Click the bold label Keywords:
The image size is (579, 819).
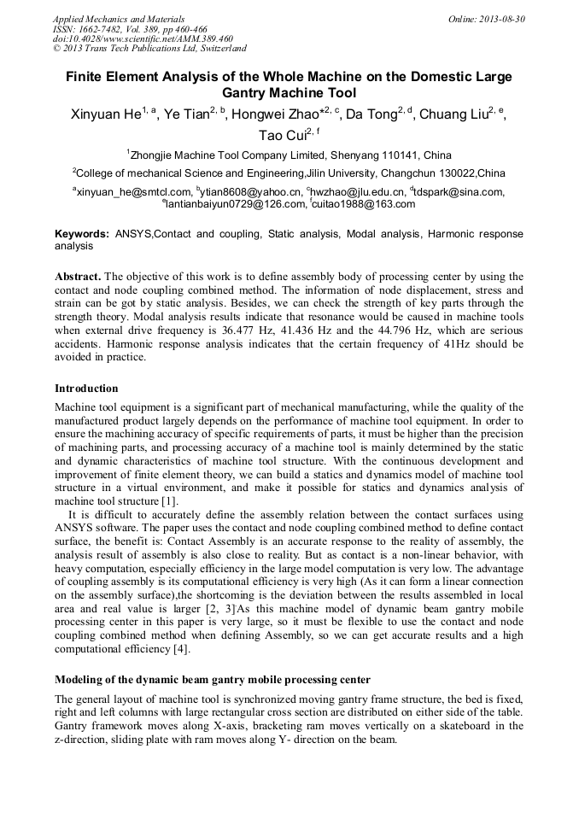82,233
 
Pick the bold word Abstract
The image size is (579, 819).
79,277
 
